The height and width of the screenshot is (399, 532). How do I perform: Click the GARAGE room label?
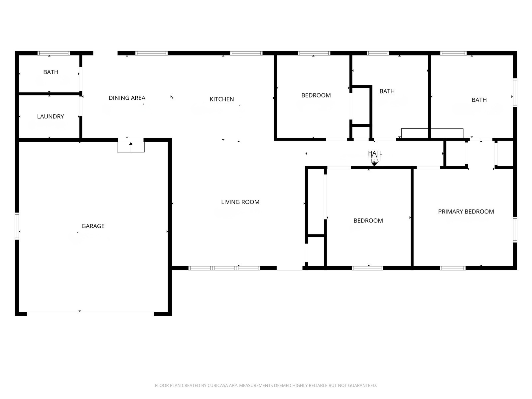coord(93,226)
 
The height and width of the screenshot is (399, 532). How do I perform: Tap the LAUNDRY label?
coord(51,116)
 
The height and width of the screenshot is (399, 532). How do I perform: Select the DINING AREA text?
coord(127,98)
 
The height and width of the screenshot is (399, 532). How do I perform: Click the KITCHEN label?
coord(221,99)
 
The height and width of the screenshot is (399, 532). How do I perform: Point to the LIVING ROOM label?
coord(240,202)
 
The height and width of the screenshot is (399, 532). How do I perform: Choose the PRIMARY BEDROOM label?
coord(466,211)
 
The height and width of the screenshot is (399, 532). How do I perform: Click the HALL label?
coord(375,153)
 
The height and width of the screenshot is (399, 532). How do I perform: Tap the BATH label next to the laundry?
coord(51,72)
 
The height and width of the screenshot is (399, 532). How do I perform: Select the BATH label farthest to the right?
coord(479,100)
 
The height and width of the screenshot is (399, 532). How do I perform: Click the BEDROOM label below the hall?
coord(368,220)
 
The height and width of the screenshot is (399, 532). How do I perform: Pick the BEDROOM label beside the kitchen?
coord(316,95)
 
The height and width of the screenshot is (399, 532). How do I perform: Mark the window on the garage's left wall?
coord(17,226)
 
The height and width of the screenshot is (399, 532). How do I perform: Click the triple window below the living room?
coord(224,268)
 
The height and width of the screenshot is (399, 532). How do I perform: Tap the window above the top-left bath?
coord(54,53)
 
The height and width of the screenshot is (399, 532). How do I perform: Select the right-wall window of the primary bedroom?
coord(515,229)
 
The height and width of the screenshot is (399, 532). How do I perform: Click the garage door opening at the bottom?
coord(90,313)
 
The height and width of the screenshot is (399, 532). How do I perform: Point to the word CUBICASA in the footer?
coord(218,386)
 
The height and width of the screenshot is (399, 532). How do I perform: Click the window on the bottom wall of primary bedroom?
coord(453,268)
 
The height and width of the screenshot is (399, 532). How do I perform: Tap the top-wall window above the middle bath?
coord(378,53)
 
